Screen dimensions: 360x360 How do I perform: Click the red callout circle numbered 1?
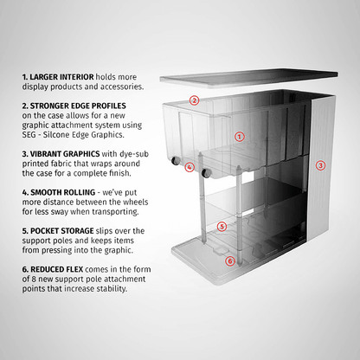tap(240, 136)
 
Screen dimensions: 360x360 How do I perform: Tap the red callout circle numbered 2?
tap(195, 100)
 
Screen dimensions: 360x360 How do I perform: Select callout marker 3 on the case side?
tap(320, 164)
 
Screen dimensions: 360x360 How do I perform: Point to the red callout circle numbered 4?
tap(190, 167)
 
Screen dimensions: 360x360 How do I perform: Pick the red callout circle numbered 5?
tap(222, 227)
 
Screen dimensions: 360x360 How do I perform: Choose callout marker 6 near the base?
tap(229, 260)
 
